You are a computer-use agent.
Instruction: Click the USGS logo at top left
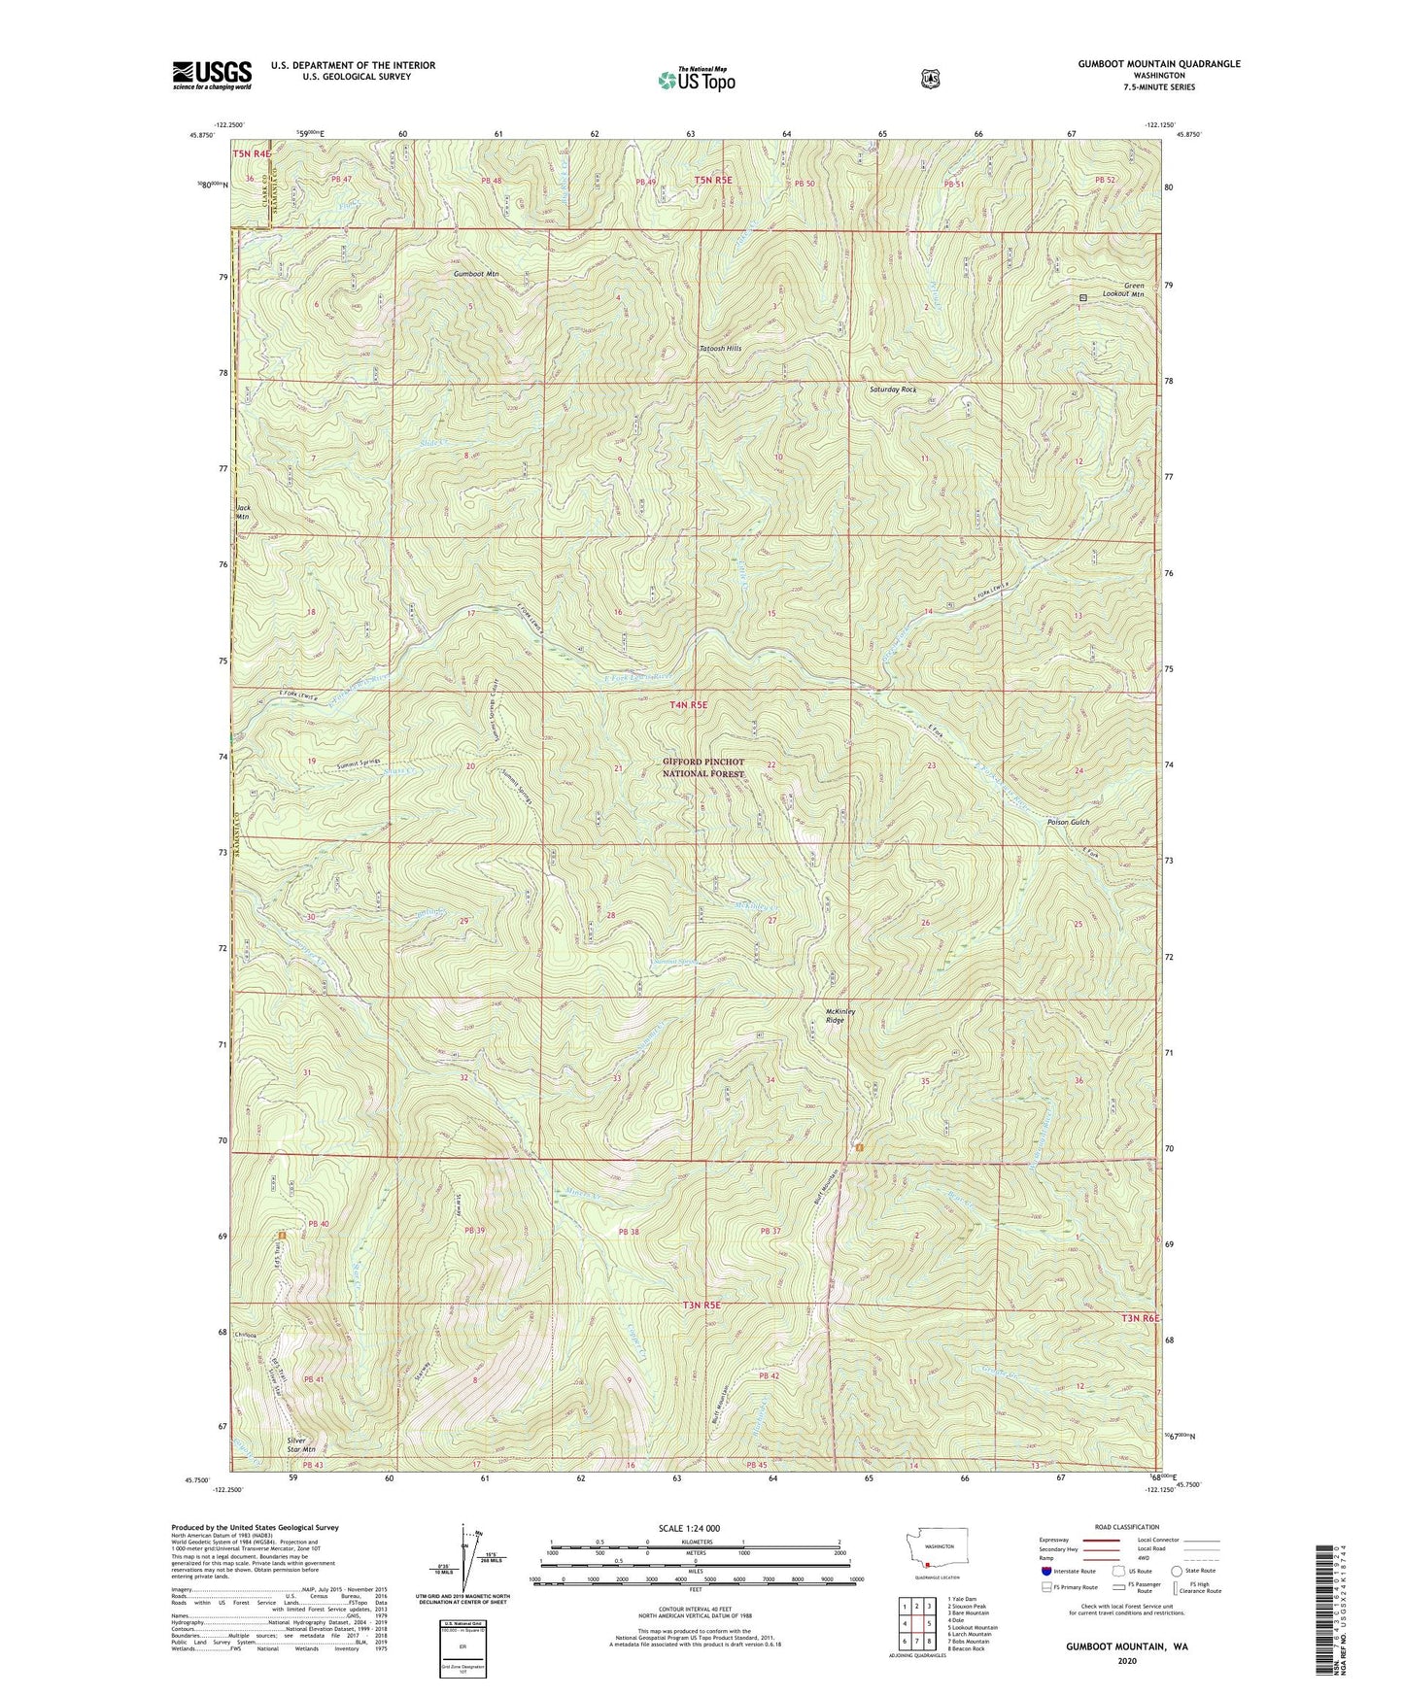coord(212,75)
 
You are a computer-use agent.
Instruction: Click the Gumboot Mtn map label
coord(475,274)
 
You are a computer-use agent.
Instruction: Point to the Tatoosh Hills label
coord(720,348)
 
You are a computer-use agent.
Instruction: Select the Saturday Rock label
coord(892,390)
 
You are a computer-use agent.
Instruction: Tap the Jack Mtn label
coord(243,512)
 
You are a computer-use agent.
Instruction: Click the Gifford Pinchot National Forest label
coord(703,767)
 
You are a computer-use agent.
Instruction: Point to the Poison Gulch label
coord(1068,822)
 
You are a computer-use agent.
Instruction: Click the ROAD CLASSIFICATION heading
coord(1126,1528)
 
